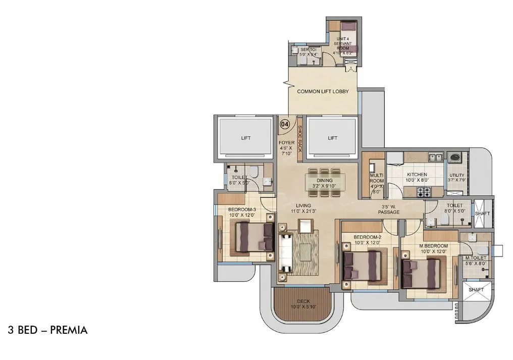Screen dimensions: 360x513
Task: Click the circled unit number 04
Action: tap(285, 124)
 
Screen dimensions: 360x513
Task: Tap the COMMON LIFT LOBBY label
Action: tap(323, 91)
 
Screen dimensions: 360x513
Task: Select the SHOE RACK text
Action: tap(299, 139)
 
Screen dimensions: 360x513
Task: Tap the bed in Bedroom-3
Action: tap(250, 237)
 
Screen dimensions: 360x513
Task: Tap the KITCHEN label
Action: tap(417, 175)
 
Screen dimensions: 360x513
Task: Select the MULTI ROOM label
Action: tap(377, 178)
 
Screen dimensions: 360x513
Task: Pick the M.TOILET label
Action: tap(475, 258)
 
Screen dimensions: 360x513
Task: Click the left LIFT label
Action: tap(245, 137)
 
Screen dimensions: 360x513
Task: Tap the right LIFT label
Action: tap(332, 137)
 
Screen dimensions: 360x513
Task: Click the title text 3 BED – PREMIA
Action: tap(47, 330)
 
